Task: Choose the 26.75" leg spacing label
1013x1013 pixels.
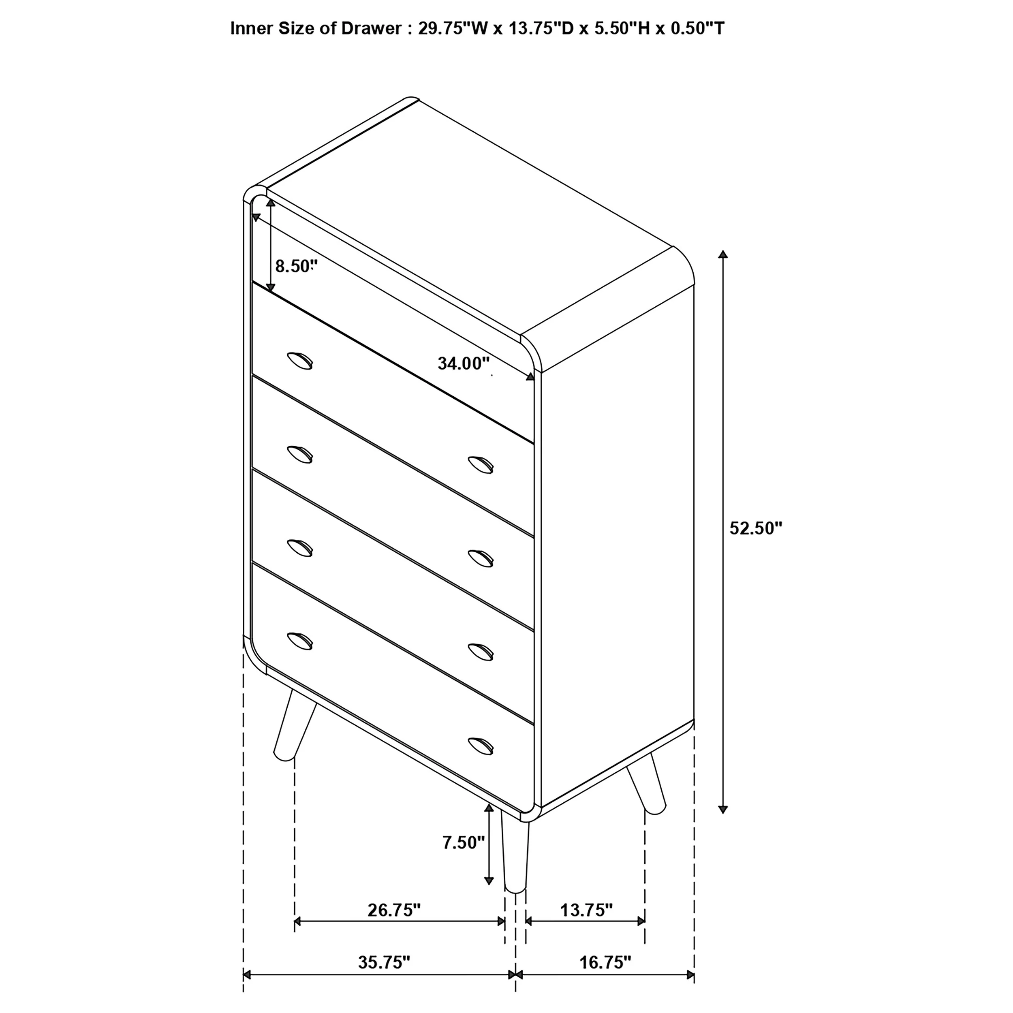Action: point(394,910)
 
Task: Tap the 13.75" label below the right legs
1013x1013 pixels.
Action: point(586,910)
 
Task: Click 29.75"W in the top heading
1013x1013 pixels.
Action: point(453,28)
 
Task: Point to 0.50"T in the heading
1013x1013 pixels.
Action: point(698,28)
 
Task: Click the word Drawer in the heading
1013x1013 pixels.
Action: point(371,28)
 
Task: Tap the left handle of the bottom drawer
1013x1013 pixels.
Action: point(300,641)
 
